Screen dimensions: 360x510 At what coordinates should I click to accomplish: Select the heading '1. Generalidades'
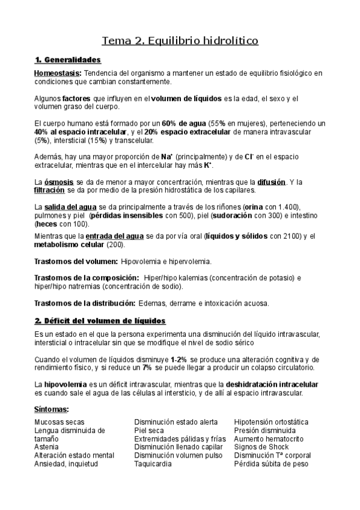(68, 60)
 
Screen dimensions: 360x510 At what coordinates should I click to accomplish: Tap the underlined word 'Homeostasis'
(56, 73)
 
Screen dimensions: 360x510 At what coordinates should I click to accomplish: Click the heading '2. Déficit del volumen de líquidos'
(100, 321)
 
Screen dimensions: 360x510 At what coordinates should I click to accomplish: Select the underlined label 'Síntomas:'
(52, 410)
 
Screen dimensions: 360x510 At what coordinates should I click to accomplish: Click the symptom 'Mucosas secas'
(59, 422)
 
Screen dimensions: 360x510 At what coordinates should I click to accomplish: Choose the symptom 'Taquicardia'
(153, 464)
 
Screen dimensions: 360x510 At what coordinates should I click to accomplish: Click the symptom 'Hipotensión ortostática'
(271, 422)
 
